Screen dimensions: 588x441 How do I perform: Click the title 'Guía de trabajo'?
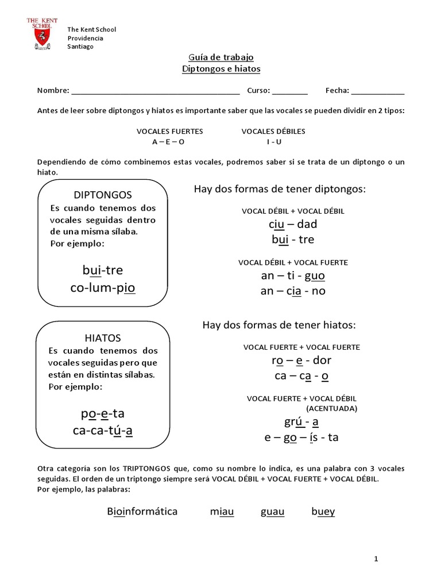click(x=221, y=57)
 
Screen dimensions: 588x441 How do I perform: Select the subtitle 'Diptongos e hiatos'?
click(x=221, y=69)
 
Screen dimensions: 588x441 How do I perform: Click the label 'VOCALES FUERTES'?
click(x=169, y=131)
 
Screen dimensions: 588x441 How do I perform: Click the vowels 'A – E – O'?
click(x=169, y=141)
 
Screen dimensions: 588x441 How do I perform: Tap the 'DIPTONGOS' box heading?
click(x=103, y=195)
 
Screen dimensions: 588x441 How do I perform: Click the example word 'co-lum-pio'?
click(x=103, y=287)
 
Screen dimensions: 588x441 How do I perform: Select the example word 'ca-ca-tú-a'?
click(x=103, y=430)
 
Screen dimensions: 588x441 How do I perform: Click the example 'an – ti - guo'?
click(x=293, y=276)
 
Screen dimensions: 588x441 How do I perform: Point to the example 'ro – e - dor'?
click(x=301, y=361)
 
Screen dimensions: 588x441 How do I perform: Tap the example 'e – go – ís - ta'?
click(x=301, y=438)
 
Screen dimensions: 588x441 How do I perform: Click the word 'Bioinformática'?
click(x=142, y=511)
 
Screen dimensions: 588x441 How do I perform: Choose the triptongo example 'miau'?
click(x=222, y=511)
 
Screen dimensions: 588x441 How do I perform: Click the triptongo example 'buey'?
click(x=323, y=511)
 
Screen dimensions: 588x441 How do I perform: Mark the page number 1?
click(x=376, y=559)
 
